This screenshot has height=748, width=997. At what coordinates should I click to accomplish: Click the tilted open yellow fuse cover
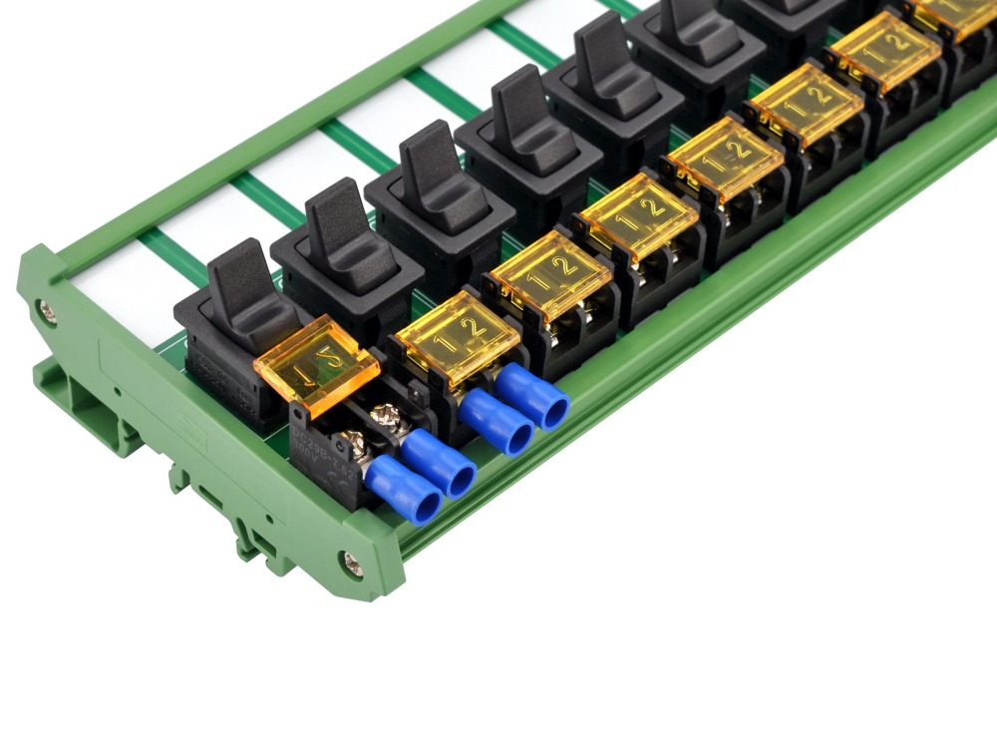(x=316, y=365)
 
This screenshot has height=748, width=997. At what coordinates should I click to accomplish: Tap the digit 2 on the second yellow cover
(x=475, y=325)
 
